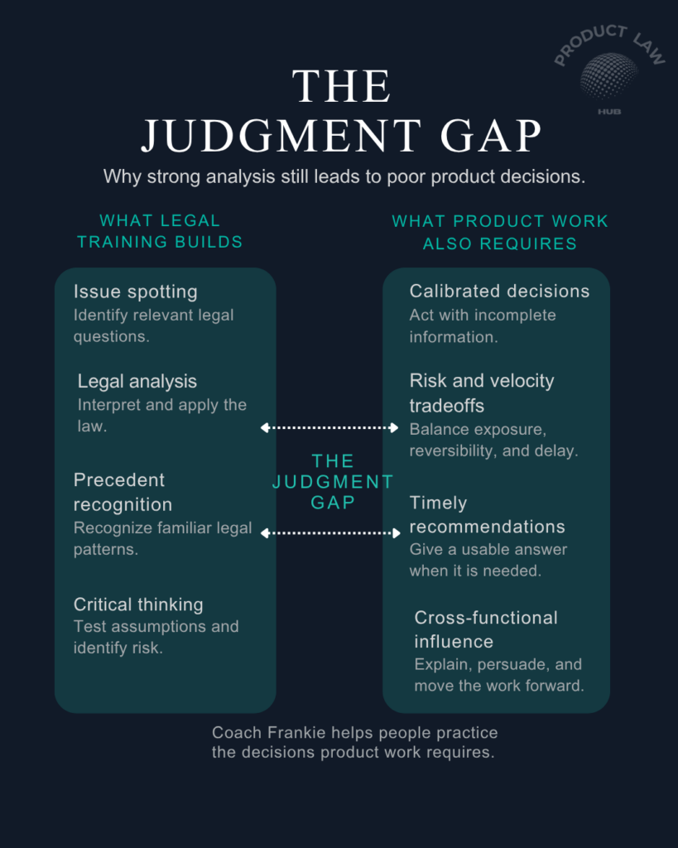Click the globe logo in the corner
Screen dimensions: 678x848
point(608,75)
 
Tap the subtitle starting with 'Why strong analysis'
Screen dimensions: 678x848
point(344,177)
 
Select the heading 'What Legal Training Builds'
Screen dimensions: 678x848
point(160,232)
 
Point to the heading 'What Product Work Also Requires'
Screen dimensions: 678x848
point(500,233)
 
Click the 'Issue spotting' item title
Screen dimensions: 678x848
point(136,292)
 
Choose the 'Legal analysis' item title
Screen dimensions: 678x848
point(137,381)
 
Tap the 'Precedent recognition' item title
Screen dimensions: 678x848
point(123,492)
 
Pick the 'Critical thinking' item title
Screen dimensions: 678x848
point(138,604)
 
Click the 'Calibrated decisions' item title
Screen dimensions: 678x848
point(499,291)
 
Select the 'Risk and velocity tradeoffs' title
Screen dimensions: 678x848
point(482,393)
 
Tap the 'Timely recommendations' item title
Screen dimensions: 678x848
point(487,515)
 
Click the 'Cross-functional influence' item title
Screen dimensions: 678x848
point(486,629)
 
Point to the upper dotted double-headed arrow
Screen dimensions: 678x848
point(329,428)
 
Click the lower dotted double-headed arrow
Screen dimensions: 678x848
point(330,533)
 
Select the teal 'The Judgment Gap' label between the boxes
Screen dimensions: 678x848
point(333,482)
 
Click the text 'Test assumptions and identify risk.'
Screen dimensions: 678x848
point(156,637)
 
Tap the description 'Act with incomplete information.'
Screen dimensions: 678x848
point(483,326)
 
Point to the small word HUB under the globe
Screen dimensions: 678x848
point(609,112)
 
